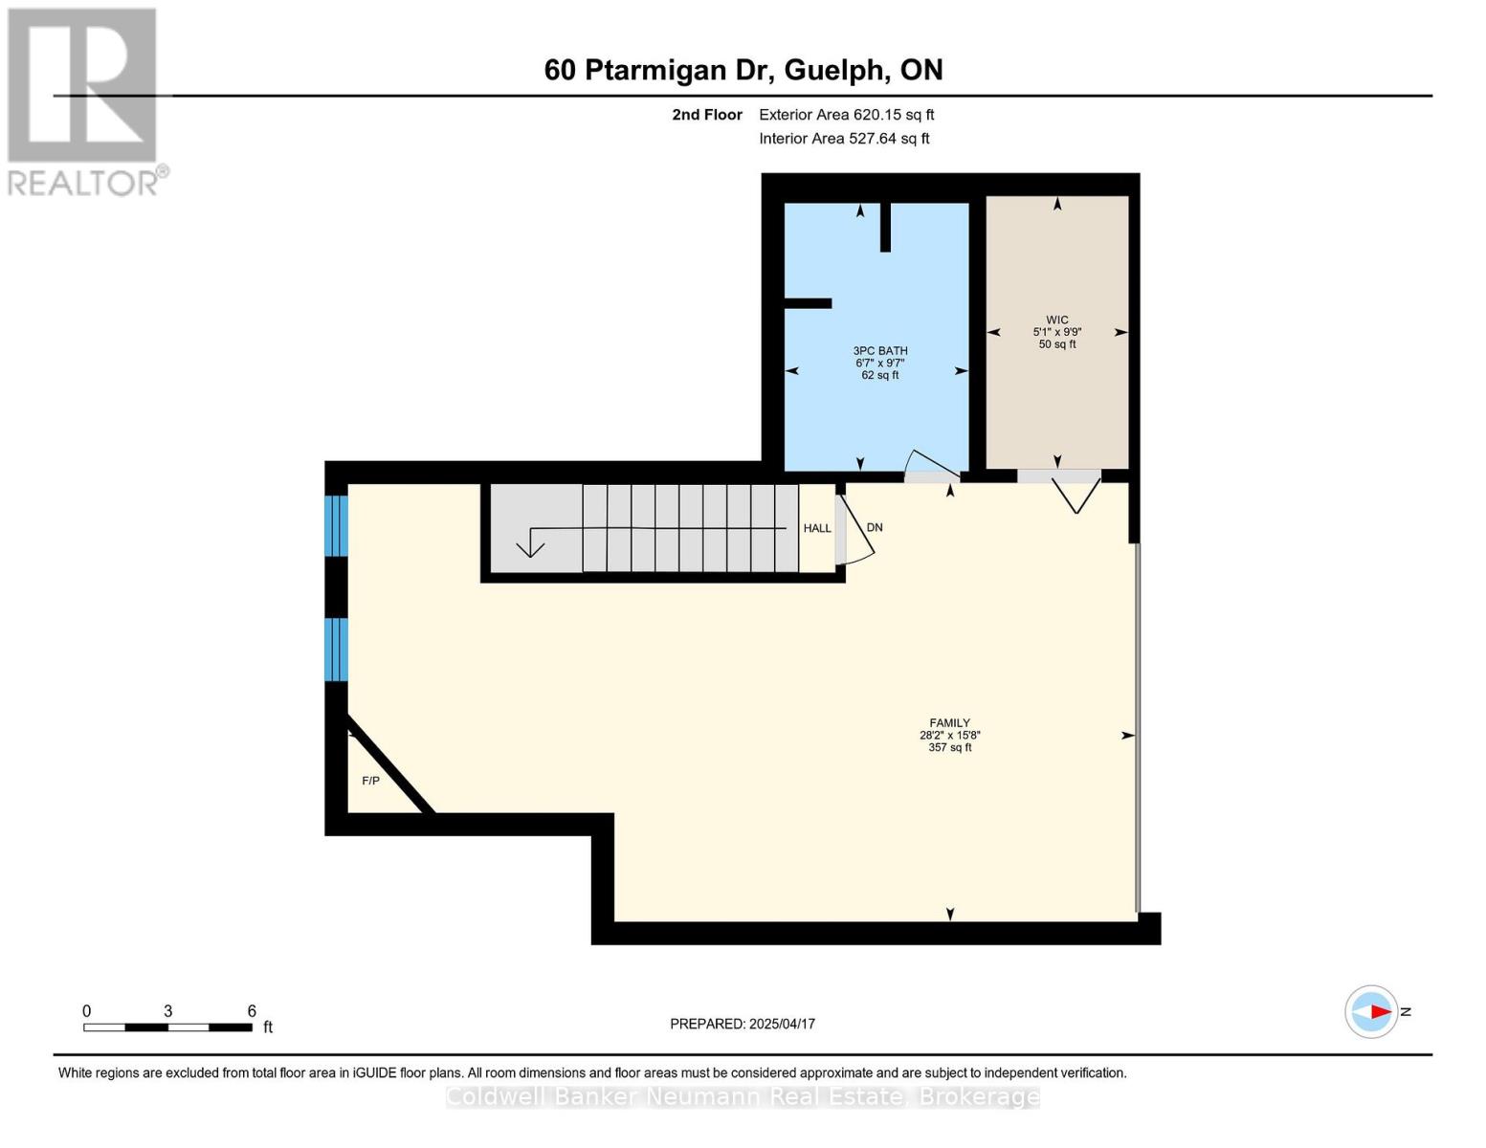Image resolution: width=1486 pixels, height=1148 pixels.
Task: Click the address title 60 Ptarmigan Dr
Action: point(743,70)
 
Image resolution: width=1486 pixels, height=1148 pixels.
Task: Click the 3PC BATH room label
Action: point(880,351)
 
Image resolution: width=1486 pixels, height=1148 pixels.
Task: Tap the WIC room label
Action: point(1057,320)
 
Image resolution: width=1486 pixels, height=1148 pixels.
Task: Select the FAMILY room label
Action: point(949,723)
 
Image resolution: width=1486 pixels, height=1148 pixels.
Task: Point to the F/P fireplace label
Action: point(370,781)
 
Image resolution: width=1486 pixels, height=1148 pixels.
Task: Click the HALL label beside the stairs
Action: point(817,528)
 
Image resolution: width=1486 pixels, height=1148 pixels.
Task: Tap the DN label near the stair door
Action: point(875,527)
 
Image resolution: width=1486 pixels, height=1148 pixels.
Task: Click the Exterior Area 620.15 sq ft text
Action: point(846,115)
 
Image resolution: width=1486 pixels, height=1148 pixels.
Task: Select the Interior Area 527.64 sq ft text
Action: point(844,139)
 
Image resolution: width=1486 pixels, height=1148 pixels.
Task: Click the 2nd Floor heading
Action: point(707,115)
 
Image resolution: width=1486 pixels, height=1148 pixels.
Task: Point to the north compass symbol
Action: point(1372,1011)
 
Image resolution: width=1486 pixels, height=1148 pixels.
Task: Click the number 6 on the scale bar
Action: point(252,1011)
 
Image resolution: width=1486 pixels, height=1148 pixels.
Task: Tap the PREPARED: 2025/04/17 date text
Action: point(743,1024)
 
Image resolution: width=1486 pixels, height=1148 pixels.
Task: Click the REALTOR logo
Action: point(84,101)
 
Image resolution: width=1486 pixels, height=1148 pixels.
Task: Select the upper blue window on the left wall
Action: point(336,525)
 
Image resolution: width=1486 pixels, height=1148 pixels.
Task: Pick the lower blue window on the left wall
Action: point(336,649)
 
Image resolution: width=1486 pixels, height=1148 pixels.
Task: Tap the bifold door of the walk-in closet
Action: point(1076,493)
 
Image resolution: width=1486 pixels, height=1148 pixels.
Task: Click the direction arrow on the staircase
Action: point(530,547)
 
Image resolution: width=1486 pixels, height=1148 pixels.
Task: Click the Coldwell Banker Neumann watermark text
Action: point(743,1096)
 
